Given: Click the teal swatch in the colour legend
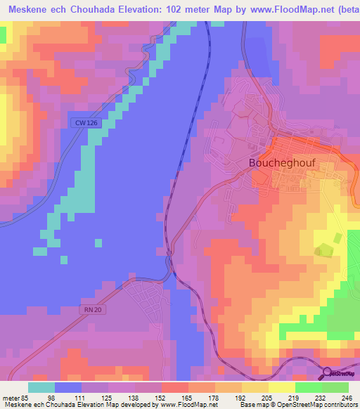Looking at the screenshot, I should [x=41, y=387].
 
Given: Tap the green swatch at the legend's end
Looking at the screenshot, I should [x=335, y=387].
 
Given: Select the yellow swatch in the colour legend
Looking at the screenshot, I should [x=281, y=387].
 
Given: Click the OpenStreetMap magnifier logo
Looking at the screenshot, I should [x=328, y=372].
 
